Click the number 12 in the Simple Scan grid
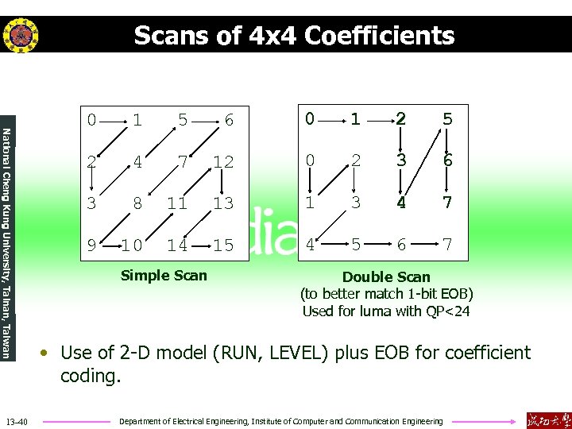tap(223, 162)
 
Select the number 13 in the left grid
tap(223, 204)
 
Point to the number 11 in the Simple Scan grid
tap(176, 204)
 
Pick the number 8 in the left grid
tap(137, 204)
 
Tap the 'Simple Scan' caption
tap(164, 276)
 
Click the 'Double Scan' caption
tap(386, 277)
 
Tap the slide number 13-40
tap(17, 420)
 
